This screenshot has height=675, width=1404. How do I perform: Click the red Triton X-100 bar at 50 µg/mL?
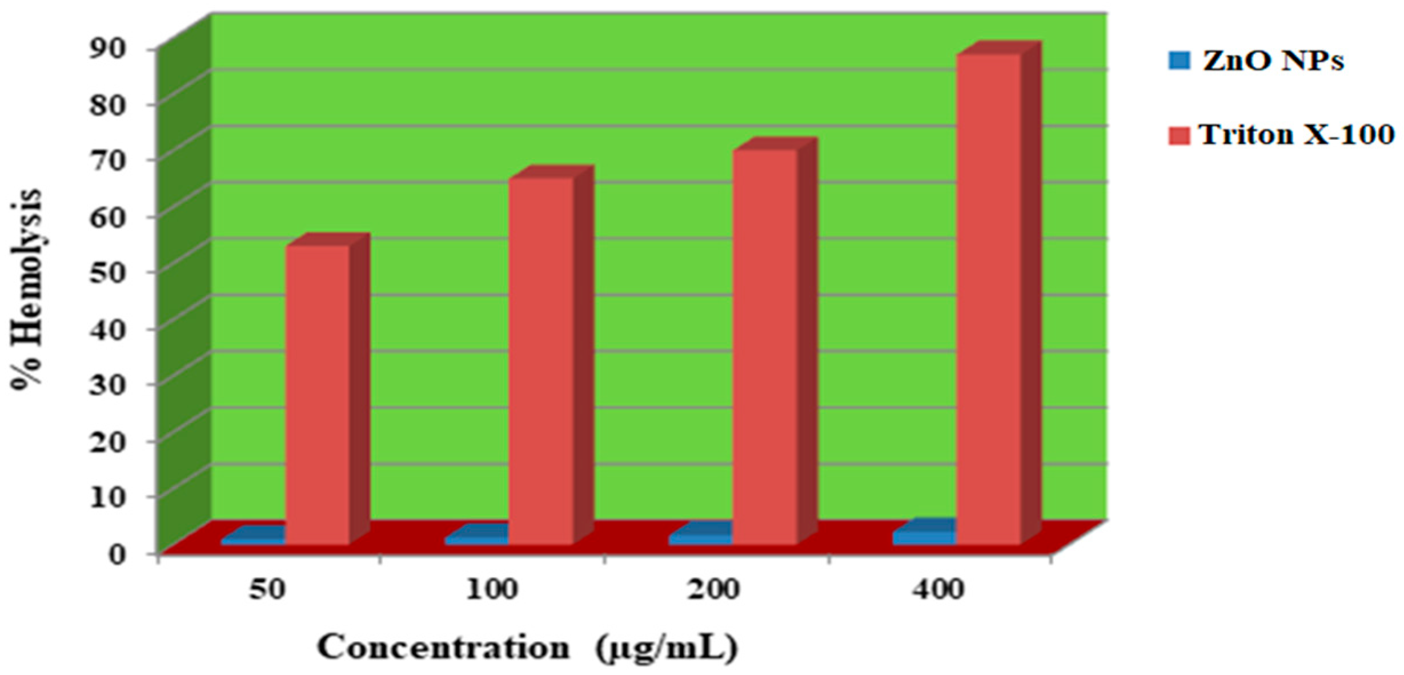coord(318,394)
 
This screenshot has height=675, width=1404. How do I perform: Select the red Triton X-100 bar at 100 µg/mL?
coord(540,360)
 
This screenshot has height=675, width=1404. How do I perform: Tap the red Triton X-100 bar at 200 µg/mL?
coord(764,346)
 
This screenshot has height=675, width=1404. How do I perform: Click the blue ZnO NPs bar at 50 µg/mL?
coord(254,539)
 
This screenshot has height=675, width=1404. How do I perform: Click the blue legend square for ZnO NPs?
coord(1180,61)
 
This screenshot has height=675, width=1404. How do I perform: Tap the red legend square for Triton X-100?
coord(1180,136)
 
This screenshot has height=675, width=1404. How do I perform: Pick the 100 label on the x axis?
coord(492,589)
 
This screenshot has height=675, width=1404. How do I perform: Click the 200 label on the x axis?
coord(713,589)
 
